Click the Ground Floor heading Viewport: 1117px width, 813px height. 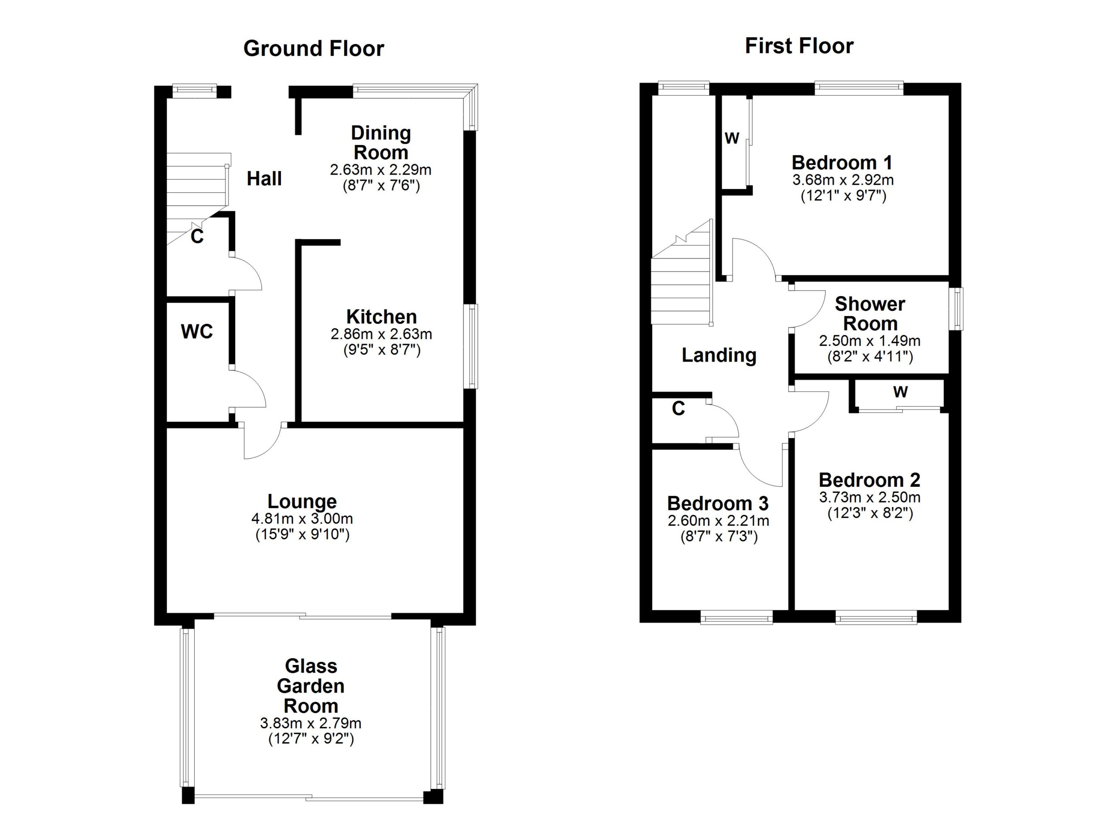(313, 49)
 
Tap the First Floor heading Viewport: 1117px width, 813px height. (799, 46)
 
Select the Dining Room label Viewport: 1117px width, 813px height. (381, 142)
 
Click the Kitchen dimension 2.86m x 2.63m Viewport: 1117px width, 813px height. (381, 334)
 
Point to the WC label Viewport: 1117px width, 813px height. (196, 331)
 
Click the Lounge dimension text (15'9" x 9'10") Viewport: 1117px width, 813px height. (302, 534)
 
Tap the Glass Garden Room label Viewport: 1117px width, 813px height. (310, 686)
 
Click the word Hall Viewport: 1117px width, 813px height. (264, 179)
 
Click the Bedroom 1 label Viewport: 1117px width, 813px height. (842, 162)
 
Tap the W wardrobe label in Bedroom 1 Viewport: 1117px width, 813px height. (732, 138)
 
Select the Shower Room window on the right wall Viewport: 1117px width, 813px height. (957, 309)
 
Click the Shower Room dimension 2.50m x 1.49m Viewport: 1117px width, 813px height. (869, 341)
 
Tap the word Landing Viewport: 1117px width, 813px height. (719, 355)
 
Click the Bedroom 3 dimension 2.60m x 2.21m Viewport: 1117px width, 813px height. (718, 520)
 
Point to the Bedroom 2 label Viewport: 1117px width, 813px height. (869, 480)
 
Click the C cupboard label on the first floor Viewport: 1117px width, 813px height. (678, 409)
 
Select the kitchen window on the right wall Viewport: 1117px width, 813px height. (473, 346)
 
